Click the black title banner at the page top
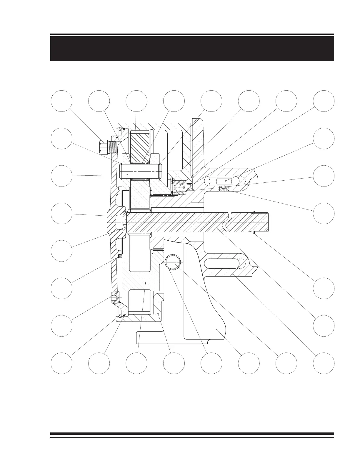(192, 48)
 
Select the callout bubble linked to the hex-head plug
(61, 101)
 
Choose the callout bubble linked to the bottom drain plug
(61, 325)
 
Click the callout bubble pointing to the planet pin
(61, 176)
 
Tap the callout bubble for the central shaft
(324, 325)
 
